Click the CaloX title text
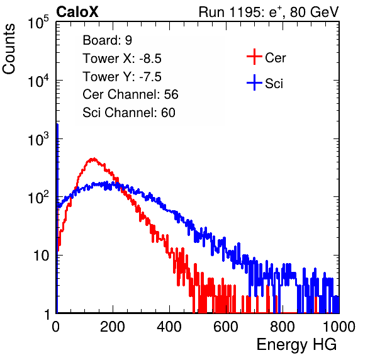tap(77, 12)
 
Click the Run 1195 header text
tap(269, 12)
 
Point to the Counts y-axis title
tap(9, 49)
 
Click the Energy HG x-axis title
tap(296, 345)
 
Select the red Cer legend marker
tap(254, 57)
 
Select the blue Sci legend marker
tap(254, 82)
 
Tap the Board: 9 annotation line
tap(107, 40)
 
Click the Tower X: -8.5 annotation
tap(122, 59)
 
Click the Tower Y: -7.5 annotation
tap(122, 77)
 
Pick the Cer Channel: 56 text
tap(130, 94)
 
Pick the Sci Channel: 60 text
tap(129, 113)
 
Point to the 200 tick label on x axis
tap(113, 327)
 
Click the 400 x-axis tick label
tap(169, 327)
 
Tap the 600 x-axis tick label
tap(226, 327)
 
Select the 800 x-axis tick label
tap(283, 327)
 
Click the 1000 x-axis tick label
tap(339, 327)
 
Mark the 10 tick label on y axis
tap(42, 256)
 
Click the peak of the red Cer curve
tap(94, 159)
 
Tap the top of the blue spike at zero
tap(57, 125)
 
